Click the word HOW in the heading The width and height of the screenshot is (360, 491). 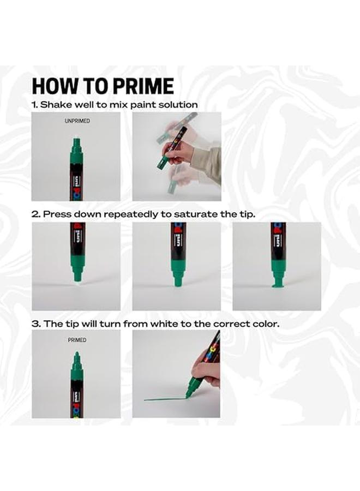click(x=50, y=86)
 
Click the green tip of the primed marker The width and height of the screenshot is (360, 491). click(x=76, y=356)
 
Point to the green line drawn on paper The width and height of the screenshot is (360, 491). click(x=164, y=399)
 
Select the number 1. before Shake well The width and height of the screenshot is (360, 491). click(x=35, y=104)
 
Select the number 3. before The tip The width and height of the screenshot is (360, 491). click(x=35, y=324)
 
